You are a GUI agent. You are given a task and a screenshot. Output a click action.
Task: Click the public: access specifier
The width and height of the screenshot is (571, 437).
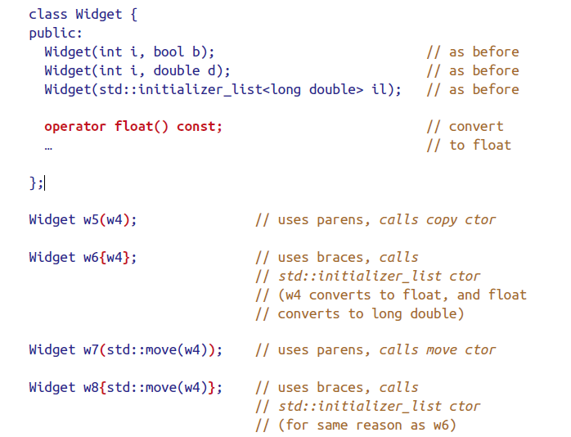[x=56, y=33]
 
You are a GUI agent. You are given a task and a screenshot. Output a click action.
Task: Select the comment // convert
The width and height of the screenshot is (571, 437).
[x=465, y=126]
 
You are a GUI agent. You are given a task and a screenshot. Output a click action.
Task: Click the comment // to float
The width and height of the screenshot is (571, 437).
[x=470, y=145]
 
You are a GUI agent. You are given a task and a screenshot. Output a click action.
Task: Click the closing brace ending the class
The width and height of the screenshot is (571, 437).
[x=33, y=182]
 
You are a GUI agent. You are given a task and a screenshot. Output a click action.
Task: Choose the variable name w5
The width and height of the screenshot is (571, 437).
[x=91, y=219]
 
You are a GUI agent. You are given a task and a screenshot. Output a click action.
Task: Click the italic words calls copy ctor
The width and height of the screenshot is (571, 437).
[x=438, y=219]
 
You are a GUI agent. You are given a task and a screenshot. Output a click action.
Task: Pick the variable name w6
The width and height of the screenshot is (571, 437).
[x=91, y=257]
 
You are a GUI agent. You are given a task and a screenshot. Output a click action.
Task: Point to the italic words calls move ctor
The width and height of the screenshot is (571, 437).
[x=438, y=349]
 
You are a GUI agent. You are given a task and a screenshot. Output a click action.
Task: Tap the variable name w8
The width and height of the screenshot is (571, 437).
[x=91, y=387]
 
